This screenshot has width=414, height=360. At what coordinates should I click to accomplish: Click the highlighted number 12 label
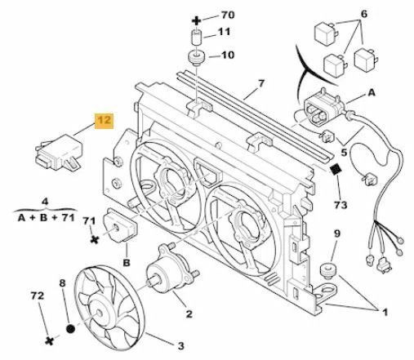click(104, 122)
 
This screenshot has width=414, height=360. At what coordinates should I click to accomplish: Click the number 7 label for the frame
click(262, 82)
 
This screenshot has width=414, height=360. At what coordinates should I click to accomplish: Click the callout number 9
click(334, 236)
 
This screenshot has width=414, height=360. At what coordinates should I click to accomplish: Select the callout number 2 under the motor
click(188, 313)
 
